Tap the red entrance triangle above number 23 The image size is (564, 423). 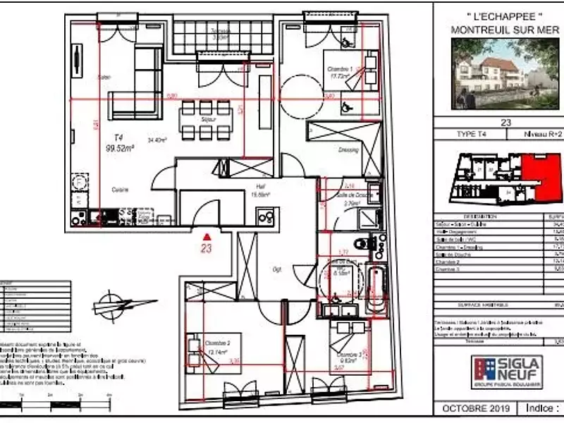click(x=206, y=237)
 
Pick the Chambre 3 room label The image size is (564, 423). click(x=350, y=355)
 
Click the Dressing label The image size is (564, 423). click(x=348, y=149)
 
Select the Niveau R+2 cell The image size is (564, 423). click(x=541, y=134)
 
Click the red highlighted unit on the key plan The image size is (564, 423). click(x=544, y=176)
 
